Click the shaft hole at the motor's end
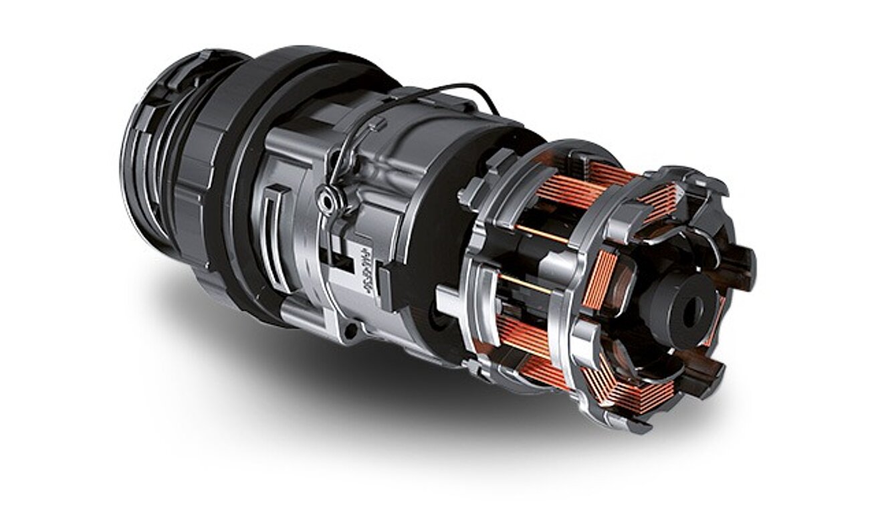coord(691,310)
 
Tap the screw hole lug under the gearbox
coord(350,330)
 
